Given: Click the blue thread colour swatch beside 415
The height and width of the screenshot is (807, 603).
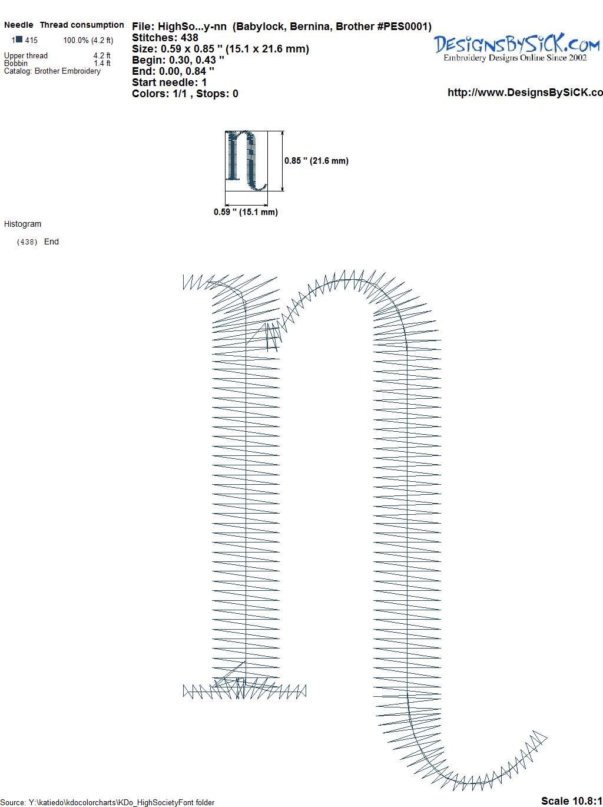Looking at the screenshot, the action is pos(19,39).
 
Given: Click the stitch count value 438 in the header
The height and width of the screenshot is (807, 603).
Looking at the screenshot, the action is pos(189,38).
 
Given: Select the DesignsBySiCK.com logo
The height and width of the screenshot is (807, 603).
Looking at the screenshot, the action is pos(516,47).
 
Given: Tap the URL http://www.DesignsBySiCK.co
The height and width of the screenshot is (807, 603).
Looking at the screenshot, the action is pos(525,92).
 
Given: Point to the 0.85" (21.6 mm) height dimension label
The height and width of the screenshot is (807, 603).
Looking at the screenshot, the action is pos(316,161).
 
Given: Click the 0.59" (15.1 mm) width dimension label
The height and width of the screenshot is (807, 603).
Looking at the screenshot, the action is pos(246,212).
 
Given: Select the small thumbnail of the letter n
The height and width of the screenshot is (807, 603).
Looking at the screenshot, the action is pos(246,161).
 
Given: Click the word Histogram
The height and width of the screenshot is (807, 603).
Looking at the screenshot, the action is pos(22,224).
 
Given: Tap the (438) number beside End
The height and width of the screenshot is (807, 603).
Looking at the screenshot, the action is pos(27,242).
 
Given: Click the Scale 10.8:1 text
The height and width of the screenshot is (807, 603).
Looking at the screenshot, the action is pos(571,801).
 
